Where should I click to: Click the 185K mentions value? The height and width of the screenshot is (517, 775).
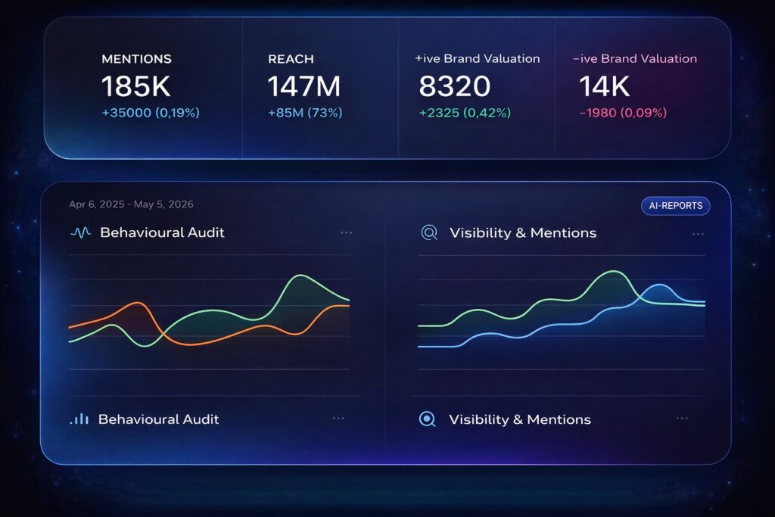coord(136,87)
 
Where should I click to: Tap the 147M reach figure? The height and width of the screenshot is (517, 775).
coord(304,87)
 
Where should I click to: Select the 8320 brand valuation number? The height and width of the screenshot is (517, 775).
coord(454,87)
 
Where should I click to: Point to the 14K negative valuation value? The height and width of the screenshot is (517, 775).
coord(605,87)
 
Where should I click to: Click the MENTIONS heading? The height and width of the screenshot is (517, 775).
coord(136,59)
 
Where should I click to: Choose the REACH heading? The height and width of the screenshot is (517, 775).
coord(291,59)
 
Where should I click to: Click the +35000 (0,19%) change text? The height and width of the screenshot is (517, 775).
coord(151,113)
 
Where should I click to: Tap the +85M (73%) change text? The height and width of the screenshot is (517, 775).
coord(305,113)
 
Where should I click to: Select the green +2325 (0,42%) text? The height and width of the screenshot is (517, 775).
coord(465,113)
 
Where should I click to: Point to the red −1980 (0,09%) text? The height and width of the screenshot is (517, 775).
coord(623,113)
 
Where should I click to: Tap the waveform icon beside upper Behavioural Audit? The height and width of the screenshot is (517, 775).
coord(80,233)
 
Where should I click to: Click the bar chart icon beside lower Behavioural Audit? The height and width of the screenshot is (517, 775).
coord(79,419)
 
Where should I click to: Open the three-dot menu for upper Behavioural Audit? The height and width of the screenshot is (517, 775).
coord(347,233)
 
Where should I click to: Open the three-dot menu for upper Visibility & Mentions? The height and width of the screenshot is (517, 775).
coord(698,233)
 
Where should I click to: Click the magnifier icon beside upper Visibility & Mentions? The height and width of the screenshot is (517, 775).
coord(429,233)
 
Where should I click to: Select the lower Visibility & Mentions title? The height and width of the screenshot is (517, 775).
coord(520,419)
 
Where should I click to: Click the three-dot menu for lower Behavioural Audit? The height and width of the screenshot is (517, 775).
coord(338,419)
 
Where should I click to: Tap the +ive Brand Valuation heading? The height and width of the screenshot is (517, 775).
coord(478,59)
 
